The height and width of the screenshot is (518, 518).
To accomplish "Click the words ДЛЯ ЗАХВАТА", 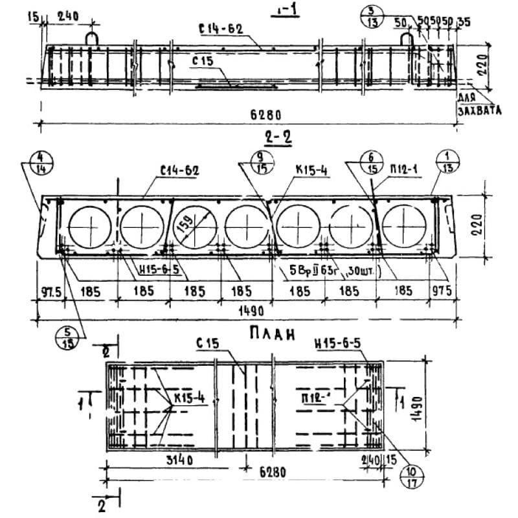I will (478, 104).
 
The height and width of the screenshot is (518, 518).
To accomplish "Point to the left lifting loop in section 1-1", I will (92, 37).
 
